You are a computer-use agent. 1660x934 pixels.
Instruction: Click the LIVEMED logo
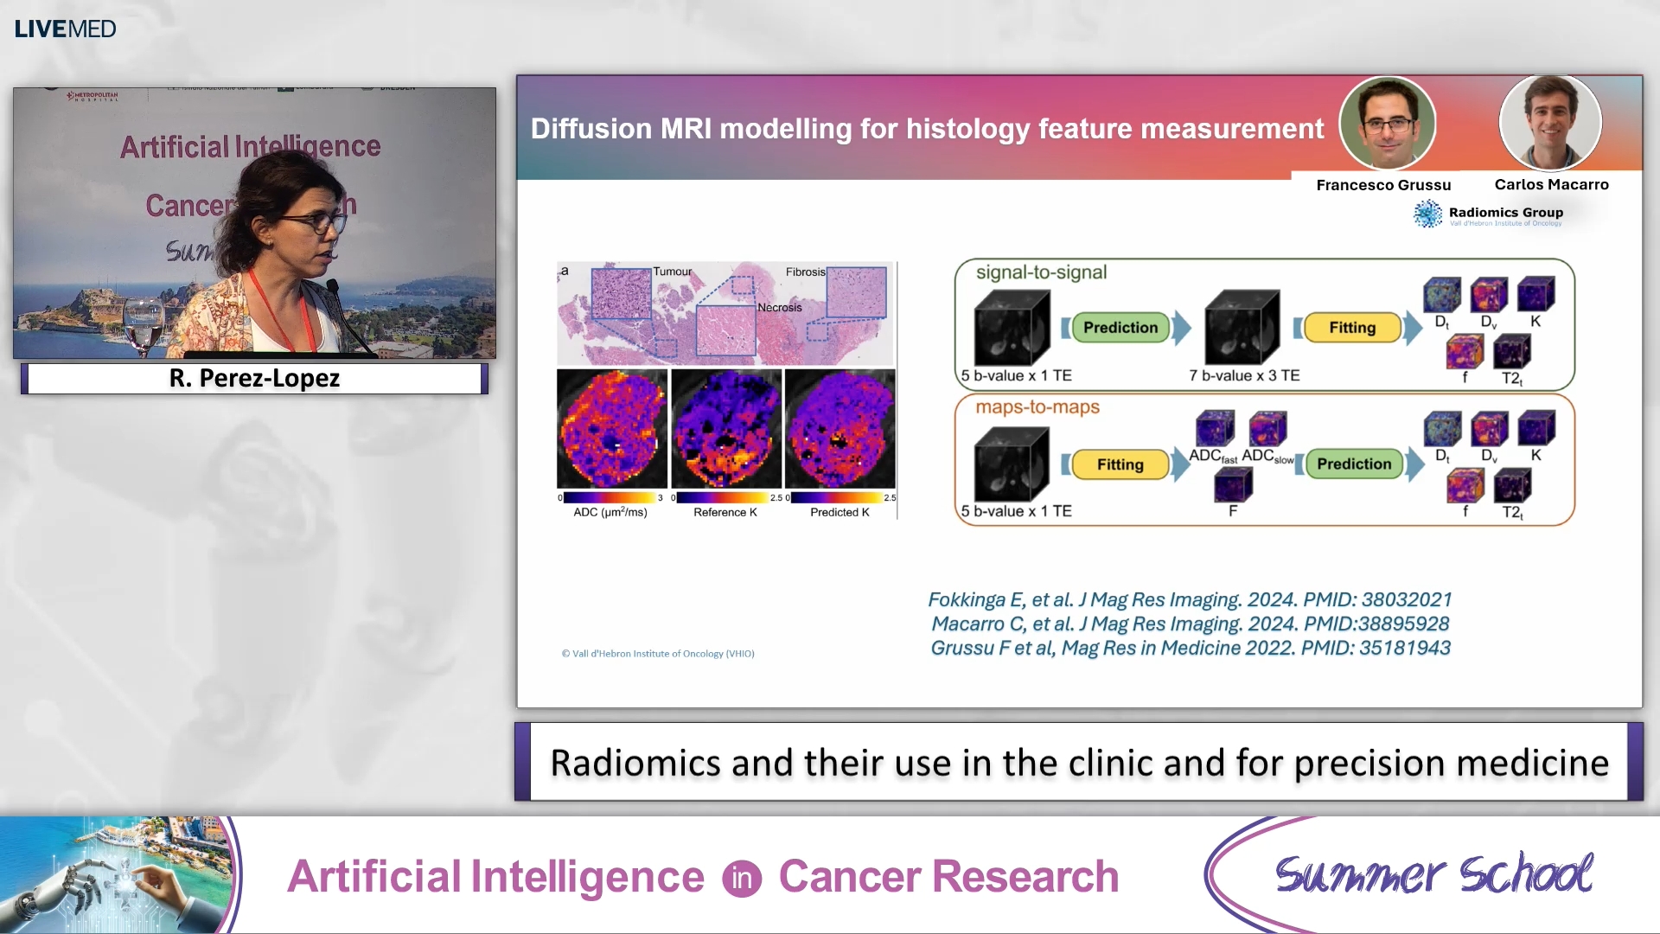coord(65,29)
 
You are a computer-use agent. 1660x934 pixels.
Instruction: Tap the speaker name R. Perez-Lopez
coord(254,379)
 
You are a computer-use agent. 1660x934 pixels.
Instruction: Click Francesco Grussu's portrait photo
coord(1387,123)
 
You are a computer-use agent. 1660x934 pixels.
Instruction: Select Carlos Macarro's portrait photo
coord(1550,122)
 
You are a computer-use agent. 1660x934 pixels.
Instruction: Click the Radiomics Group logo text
coord(1505,213)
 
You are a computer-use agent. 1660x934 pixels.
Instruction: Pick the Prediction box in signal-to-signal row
coord(1120,328)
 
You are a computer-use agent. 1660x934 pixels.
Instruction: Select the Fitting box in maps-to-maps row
coord(1120,464)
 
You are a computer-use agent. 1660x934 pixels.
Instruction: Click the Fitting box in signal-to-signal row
coord(1351,328)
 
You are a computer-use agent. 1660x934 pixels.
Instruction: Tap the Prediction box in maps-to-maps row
coord(1353,464)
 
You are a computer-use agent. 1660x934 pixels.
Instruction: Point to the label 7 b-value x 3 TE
coord(1243,375)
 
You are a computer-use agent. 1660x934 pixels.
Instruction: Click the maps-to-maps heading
coord(1037,406)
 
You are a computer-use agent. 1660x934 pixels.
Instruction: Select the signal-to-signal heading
coord(1040,272)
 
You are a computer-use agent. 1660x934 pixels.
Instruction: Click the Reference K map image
coord(725,429)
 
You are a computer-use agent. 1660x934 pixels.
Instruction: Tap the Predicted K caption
coord(839,512)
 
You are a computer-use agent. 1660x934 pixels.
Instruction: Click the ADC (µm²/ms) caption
coord(610,512)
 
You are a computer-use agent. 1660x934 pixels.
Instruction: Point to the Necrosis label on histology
coord(779,307)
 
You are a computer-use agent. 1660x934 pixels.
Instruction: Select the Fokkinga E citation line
coord(1189,599)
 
